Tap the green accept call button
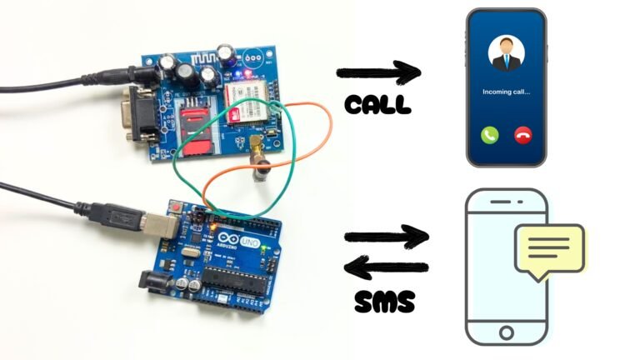point(489,133)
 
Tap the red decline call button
point(524,133)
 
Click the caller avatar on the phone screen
point(505,52)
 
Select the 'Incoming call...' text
point(506,91)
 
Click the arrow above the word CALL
point(379,74)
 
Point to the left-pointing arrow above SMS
point(387,268)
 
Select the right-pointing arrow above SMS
point(387,237)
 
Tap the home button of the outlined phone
point(506,333)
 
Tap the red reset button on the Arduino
point(175,207)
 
